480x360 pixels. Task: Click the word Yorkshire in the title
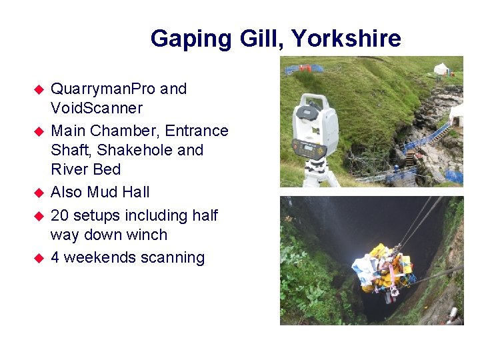coord(347,39)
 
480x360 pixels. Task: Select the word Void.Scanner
coord(96,108)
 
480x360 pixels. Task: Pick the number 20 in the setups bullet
coord(59,215)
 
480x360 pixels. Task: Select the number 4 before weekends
coord(55,257)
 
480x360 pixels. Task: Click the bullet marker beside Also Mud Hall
coord(39,193)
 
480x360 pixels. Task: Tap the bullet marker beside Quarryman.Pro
coord(39,89)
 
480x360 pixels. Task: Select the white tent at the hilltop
coord(441,68)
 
